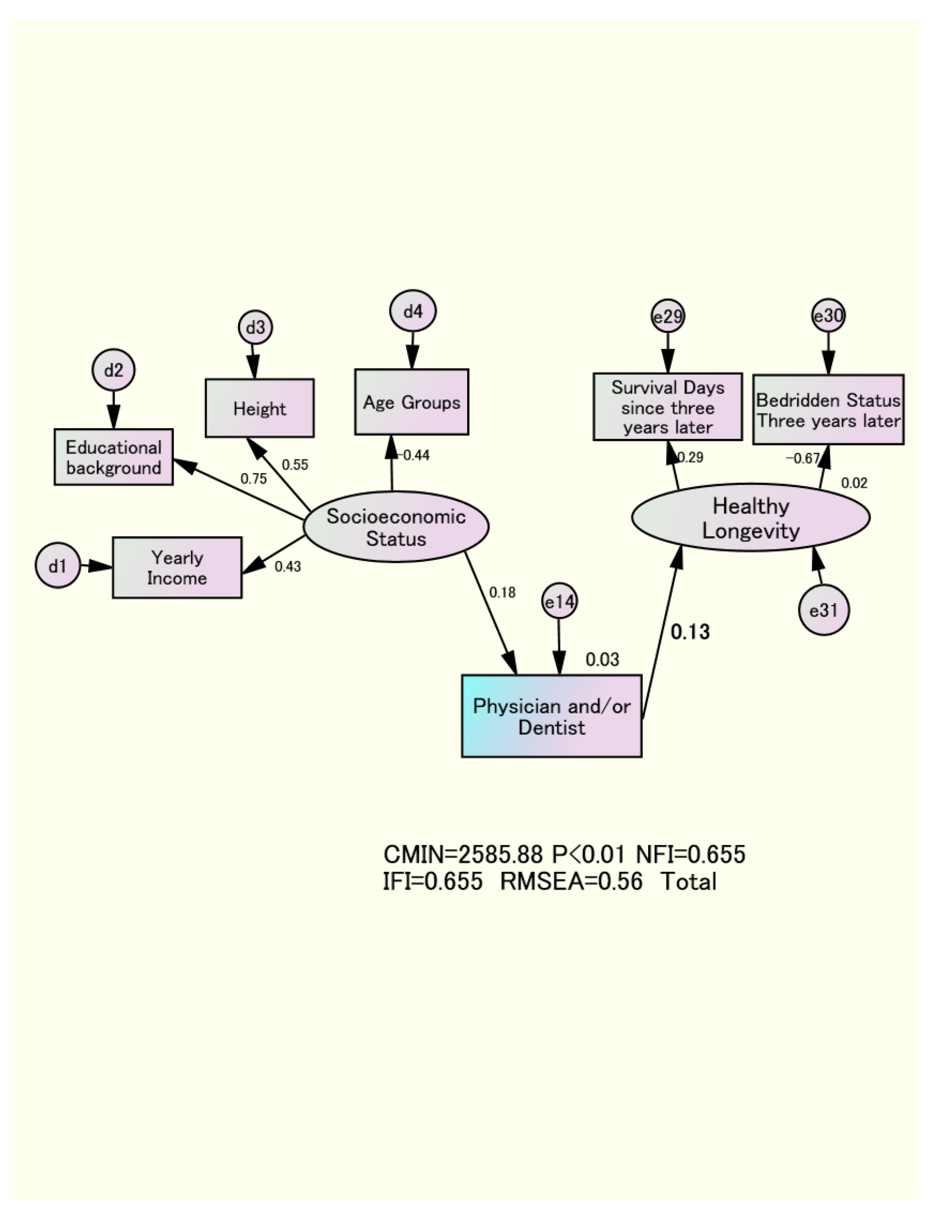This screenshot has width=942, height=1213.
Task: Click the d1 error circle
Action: pyautogui.click(x=58, y=566)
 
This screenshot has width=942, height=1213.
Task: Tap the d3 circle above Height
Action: pyautogui.click(x=255, y=328)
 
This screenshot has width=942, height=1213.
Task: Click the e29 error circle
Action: pyautogui.click(x=668, y=317)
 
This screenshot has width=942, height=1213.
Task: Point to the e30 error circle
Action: pyautogui.click(x=828, y=316)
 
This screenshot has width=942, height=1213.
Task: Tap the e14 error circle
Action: pyautogui.click(x=560, y=601)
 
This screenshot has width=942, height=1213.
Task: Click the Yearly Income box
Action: pyautogui.click(x=177, y=568)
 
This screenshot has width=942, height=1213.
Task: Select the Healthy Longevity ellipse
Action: pyautogui.click(x=751, y=518)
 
